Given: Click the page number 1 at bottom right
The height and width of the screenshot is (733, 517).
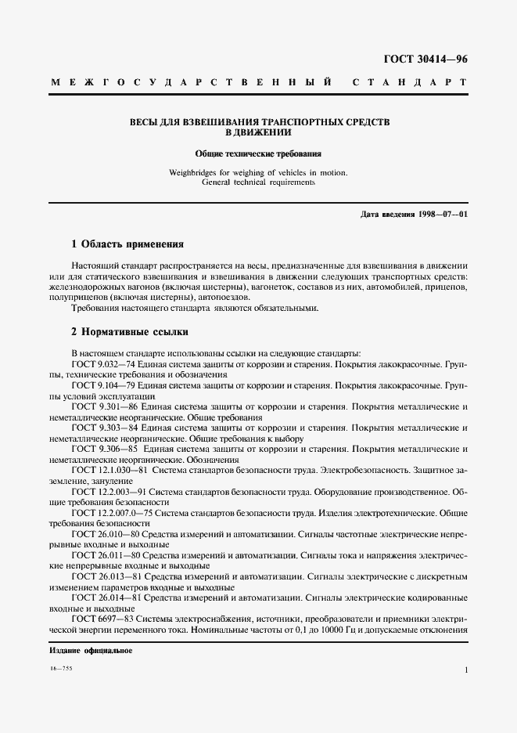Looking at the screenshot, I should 465,670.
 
